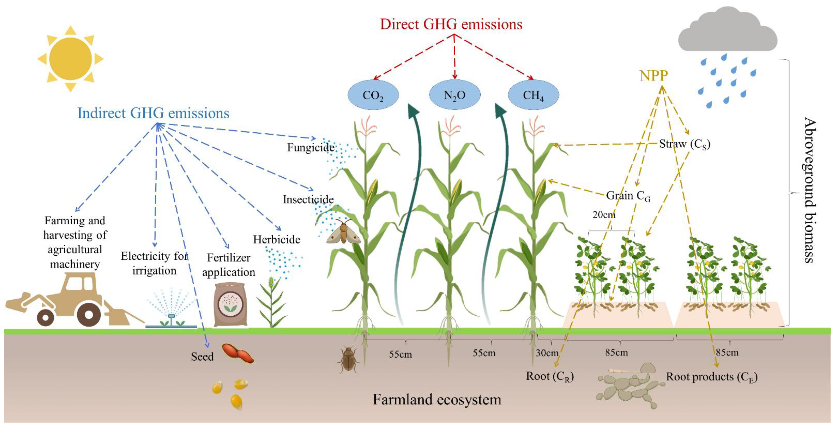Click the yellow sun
[x=70, y=59]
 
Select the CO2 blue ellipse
[x=373, y=95]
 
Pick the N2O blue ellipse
[x=454, y=95]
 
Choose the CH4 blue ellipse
[x=533, y=95]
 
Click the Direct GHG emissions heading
[x=451, y=24]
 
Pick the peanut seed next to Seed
[x=238, y=353]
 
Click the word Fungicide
[x=310, y=148]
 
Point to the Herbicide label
[x=276, y=240]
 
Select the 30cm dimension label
[x=547, y=353]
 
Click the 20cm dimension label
[x=604, y=215]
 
